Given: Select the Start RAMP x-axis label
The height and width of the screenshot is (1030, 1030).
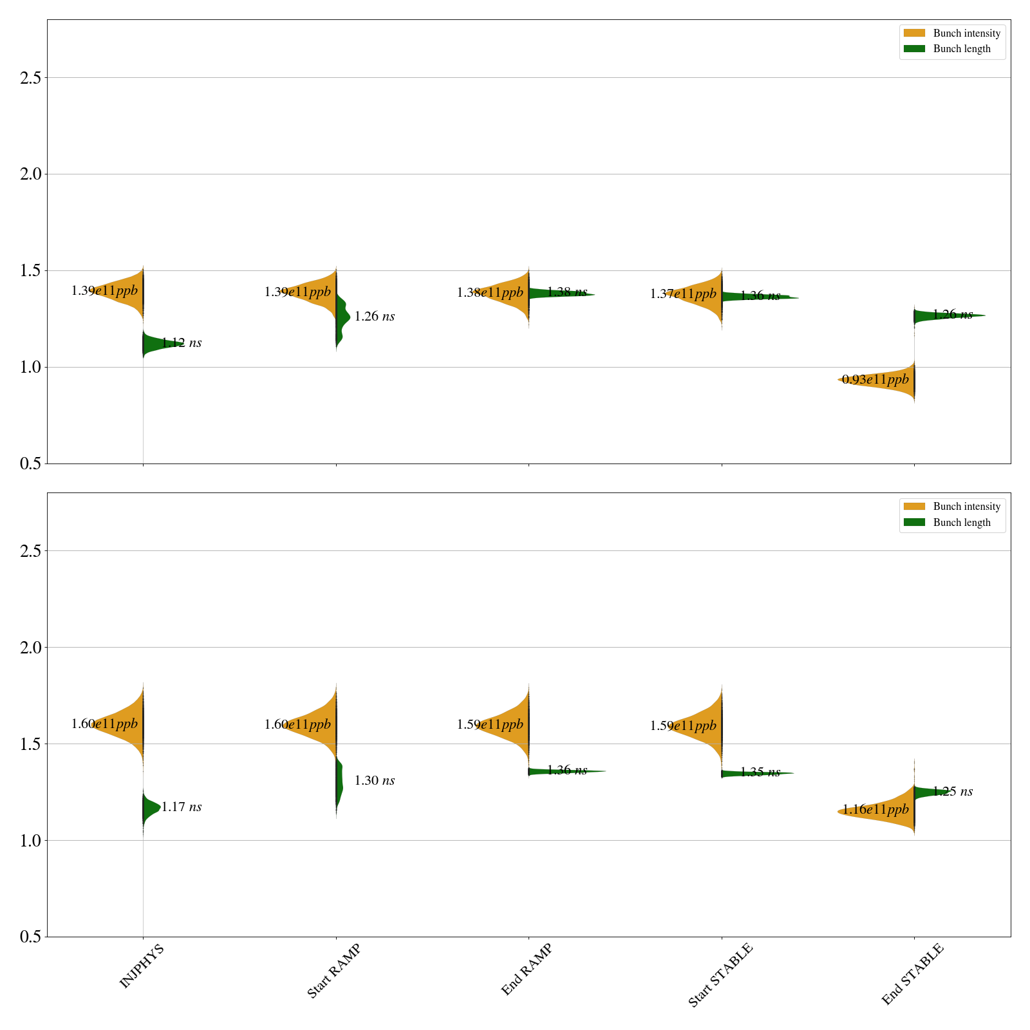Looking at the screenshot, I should (x=333, y=971).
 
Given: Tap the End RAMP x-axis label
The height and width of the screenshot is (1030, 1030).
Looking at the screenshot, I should (x=527, y=969).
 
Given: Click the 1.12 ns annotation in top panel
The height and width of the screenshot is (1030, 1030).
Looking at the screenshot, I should (x=182, y=343).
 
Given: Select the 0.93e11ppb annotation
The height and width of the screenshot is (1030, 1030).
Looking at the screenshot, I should (x=876, y=380).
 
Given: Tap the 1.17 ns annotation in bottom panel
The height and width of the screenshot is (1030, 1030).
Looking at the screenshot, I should (x=182, y=807).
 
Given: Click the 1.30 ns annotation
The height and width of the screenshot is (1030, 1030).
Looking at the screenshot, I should (x=375, y=781).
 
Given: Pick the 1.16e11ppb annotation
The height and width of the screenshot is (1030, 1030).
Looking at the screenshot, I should (x=876, y=810).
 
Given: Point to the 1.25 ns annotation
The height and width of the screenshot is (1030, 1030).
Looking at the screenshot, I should (x=953, y=792).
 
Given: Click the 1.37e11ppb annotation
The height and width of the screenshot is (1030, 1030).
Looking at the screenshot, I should (x=683, y=294).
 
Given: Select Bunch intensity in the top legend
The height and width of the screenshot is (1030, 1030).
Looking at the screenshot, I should (x=966, y=33).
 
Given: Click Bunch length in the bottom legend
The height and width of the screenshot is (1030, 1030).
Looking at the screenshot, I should (x=962, y=523).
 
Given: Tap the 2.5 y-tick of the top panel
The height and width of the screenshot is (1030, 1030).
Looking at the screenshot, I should (x=30, y=78).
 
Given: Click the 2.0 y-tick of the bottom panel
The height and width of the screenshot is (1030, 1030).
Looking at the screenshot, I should (x=30, y=648).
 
